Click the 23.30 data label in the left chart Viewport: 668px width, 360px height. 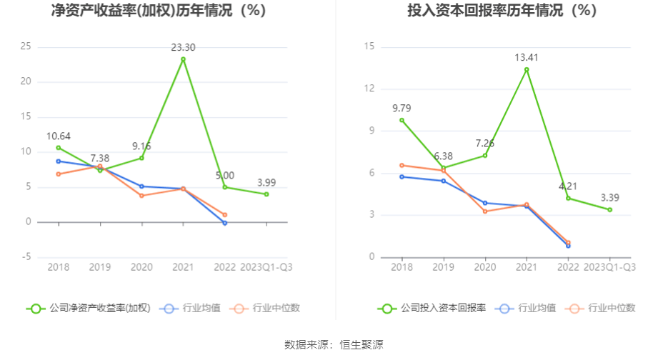pyautogui.click(x=183, y=48)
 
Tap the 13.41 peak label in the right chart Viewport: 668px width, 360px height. pyautogui.click(x=527, y=57)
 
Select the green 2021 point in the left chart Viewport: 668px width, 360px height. pyautogui.click(x=183, y=59)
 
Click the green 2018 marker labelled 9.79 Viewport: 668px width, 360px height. pyautogui.click(x=402, y=120)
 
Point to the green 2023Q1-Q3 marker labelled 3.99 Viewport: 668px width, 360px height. pyautogui.click(x=266, y=194)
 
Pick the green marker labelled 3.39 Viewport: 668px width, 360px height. pyautogui.click(x=610, y=209)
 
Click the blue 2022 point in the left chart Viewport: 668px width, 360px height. pyautogui.click(x=224, y=223)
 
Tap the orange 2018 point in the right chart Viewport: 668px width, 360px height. pyautogui.click(x=402, y=165)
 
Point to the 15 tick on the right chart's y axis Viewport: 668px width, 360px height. pyautogui.click(x=369, y=46)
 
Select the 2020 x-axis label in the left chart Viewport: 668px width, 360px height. pyautogui.click(x=141, y=267)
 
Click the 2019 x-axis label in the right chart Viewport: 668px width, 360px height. pyautogui.click(x=443, y=267)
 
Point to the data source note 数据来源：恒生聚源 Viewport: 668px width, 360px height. pyautogui.click(x=334, y=344)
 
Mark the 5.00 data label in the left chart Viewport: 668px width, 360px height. pyautogui.click(x=224, y=175)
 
